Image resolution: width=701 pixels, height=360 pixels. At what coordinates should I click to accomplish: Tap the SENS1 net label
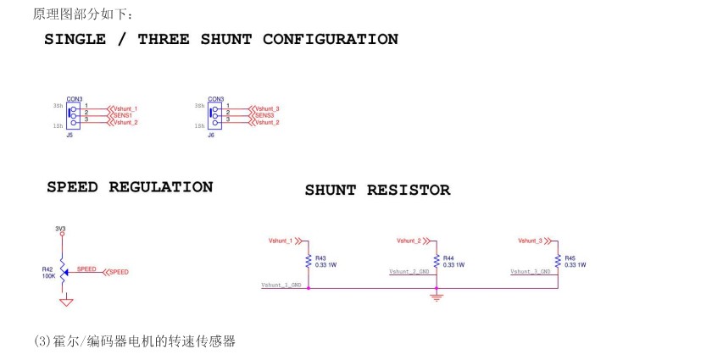[x=122, y=115]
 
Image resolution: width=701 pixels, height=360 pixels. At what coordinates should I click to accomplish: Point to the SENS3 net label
[x=264, y=115]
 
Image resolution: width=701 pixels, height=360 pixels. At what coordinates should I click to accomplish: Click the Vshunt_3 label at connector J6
[x=267, y=108]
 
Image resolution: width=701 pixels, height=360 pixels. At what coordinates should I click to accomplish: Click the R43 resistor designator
[x=320, y=258]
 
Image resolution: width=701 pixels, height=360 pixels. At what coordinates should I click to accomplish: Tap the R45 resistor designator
[x=570, y=258]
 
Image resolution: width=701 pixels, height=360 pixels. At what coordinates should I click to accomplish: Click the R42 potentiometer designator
[x=47, y=269]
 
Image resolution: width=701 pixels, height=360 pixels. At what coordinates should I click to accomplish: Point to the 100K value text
[x=48, y=276]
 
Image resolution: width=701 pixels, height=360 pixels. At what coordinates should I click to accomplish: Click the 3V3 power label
[x=60, y=229]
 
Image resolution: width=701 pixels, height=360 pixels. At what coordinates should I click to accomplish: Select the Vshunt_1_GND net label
[x=281, y=285]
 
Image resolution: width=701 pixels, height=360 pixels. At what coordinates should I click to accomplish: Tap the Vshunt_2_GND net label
[x=410, y=272]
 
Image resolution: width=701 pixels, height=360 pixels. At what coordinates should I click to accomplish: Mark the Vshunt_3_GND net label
[x=531, y=272]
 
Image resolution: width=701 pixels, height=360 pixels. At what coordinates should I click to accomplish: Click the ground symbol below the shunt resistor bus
[x=437, y=296]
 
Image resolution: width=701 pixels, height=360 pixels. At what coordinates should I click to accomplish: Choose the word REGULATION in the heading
[x=161, y=187]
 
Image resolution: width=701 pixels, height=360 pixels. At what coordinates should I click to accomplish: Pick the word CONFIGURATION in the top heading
[x=330, y=39]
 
